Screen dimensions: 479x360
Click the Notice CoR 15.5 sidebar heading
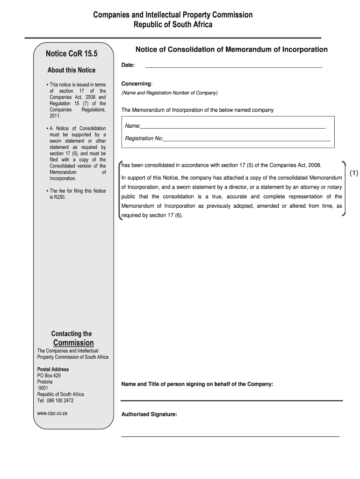[x=72, y=54]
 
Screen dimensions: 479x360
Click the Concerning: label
[x=137, y=84]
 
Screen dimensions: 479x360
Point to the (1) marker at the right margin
[x=353, y=174]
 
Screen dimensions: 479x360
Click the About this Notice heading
[x=71, y=70]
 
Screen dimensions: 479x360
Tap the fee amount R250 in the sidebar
[x=60, y=197]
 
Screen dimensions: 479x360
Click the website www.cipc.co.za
[x=52, y=414]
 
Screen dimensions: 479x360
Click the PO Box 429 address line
[x=49, y=376]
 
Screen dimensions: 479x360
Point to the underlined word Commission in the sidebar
[x=73, y=343]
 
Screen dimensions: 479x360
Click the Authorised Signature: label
[x=149, y=414]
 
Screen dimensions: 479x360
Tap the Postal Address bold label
[x=53, y=370]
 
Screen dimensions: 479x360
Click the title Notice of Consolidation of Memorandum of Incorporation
[x=231, y=50]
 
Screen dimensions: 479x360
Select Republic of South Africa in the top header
[x=173, y=25]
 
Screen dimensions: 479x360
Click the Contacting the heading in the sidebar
[x=72, y=334]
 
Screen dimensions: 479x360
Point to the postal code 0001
[x=43, y=388]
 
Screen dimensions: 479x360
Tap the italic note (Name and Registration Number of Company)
[x=170, y=93]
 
